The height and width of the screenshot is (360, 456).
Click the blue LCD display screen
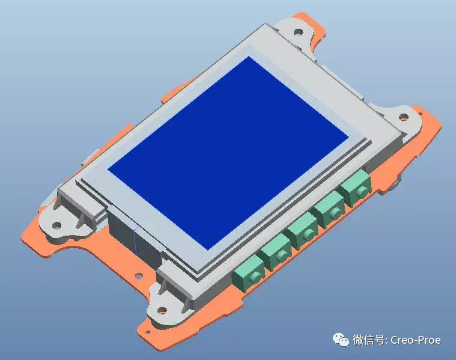click(228, 150)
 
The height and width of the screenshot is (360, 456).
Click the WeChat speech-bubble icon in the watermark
click(340, 340)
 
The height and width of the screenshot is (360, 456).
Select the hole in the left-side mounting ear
click(56, 226)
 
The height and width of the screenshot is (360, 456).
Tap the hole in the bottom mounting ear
click(162, 311)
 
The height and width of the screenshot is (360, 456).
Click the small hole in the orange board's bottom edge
click(138, 276)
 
